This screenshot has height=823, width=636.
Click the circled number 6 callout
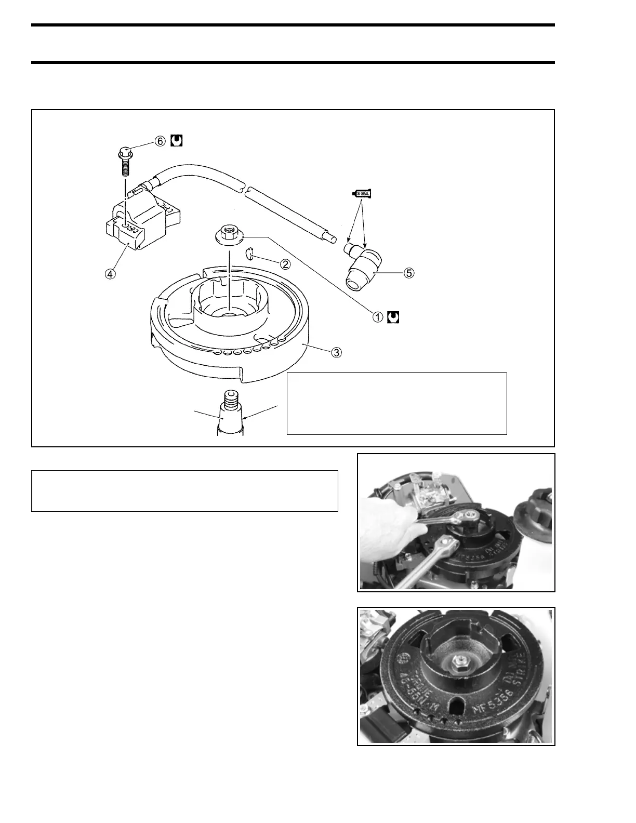click(160, 141)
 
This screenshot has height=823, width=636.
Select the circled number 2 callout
click(285, 263)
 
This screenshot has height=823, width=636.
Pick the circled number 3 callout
click(337, 352)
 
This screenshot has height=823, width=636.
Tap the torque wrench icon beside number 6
click(176, 141)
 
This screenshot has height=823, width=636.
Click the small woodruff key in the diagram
click(250, 254)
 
